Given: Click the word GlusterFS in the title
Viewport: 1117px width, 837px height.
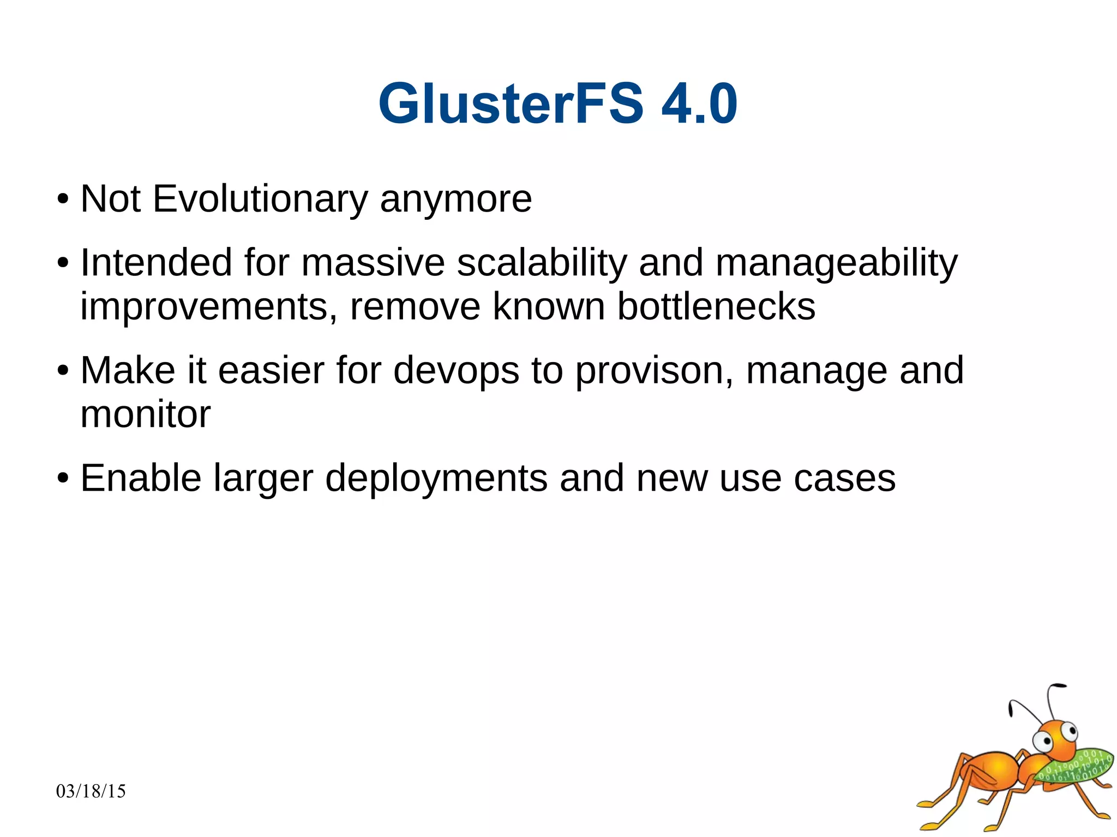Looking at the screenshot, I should pos(511,104).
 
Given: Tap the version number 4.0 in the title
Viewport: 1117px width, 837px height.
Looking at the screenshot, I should pos(699,104).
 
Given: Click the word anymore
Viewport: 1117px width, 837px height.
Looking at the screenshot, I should pos(455,200).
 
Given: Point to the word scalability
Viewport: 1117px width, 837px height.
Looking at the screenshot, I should pos(542,263).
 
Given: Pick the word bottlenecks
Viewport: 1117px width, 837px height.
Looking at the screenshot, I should pos(716,306).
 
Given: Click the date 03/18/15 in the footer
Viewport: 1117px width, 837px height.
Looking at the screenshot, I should pos(91,791).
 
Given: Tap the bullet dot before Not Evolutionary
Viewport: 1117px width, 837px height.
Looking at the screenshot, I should pos(63,200).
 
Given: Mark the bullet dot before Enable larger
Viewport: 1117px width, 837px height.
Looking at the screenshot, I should pos(63,479).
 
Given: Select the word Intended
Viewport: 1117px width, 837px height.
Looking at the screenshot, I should pos(155,263).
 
